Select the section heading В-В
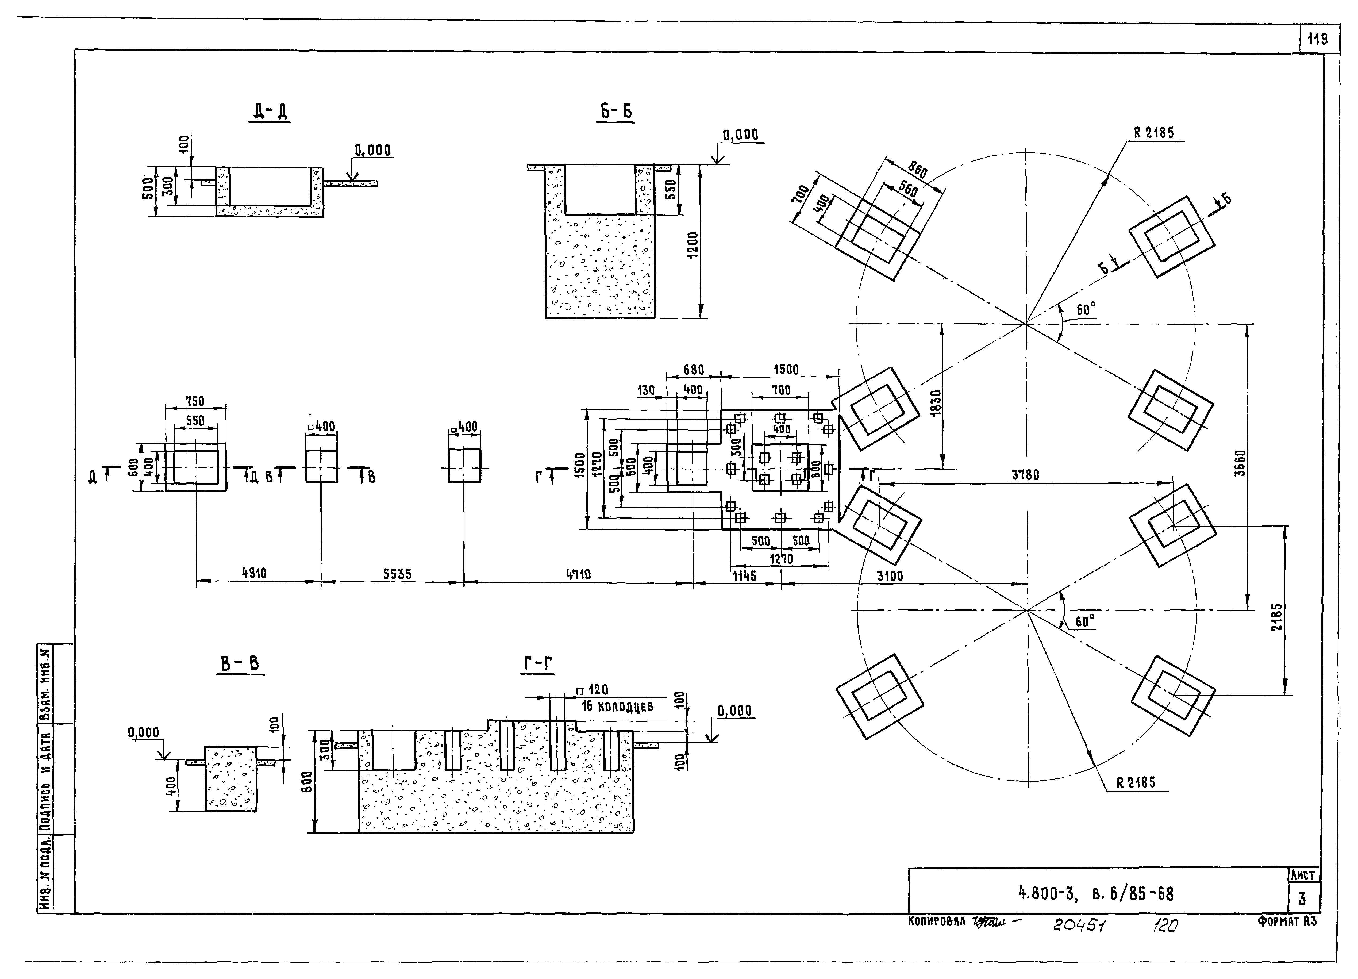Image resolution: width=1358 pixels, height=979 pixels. (240, 663)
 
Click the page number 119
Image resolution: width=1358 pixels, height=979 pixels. (1317, 40)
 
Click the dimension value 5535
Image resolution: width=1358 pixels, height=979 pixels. (397, 574)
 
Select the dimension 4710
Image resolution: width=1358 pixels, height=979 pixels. (578, 574)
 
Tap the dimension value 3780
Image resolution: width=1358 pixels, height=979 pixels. (1025, 475)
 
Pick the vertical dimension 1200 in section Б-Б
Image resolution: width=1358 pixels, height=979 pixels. (692, 244)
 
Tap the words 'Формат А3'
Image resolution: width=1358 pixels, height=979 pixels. (1287, 922)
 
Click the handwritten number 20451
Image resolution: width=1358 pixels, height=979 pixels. (1079, 925)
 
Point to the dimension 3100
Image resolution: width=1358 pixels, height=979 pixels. (890, 576)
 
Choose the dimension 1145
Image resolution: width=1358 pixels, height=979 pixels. (744, 576)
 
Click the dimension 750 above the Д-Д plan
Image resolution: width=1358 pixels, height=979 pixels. (195, 401)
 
